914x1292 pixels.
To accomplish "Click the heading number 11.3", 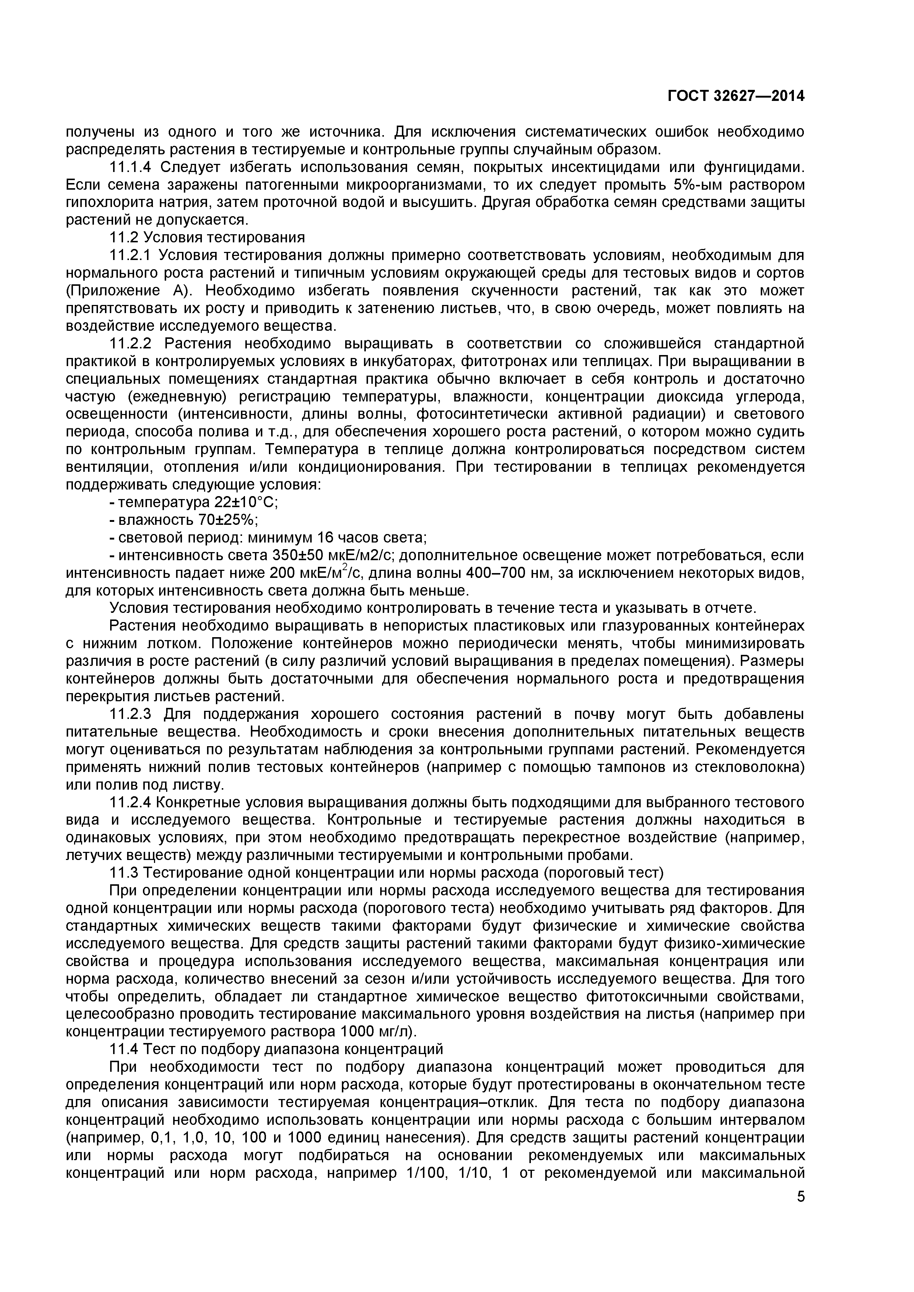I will click(x=124, y=873).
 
